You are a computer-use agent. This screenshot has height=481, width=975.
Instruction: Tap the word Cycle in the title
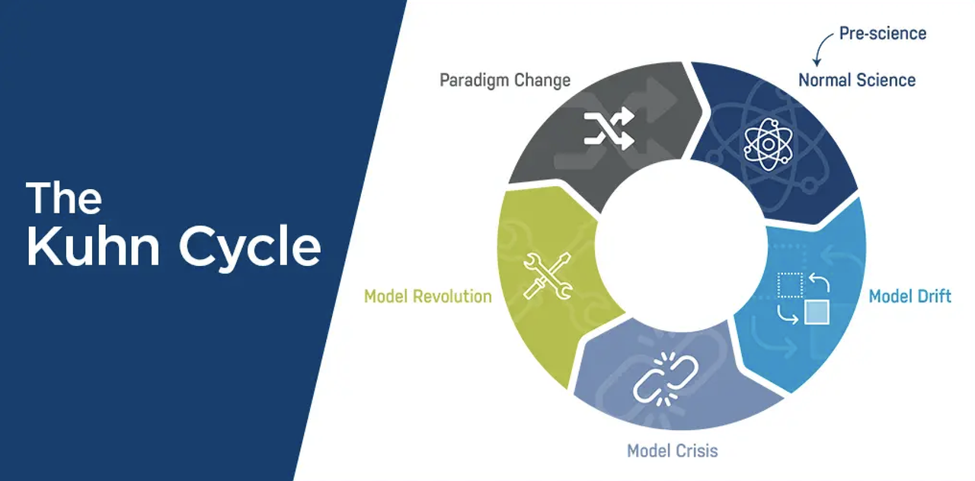250,248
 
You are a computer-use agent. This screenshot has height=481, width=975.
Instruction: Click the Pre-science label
882,34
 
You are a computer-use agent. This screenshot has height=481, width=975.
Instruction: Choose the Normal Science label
857,79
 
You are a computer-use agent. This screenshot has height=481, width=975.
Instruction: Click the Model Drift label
909,296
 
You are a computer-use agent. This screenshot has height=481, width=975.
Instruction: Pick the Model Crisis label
672,451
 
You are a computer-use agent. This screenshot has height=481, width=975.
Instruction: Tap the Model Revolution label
427,296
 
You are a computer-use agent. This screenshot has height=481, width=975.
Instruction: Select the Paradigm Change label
505,80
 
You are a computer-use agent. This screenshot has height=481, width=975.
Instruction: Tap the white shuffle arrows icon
609,127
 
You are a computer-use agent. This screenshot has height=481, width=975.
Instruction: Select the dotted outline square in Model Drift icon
789,285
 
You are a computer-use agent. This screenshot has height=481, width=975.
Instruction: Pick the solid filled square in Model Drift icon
817,312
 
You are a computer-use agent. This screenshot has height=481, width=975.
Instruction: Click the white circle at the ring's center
681,245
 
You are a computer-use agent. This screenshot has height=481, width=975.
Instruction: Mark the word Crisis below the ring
695,451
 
